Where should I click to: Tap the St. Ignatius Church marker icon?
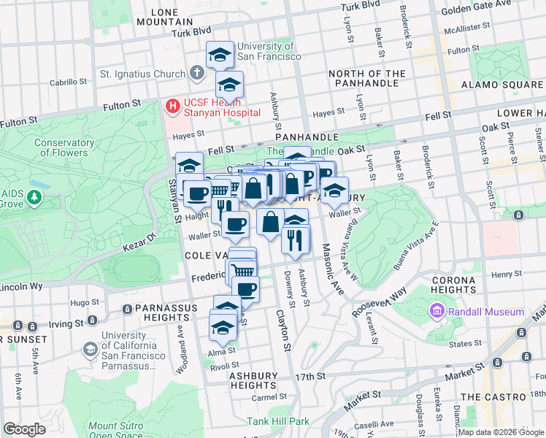pos(196,73)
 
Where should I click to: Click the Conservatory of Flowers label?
pos(64,147)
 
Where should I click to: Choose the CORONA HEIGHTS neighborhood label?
pos(454,285)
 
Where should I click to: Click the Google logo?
pos(24,429)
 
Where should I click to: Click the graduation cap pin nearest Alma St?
pos(223,326)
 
